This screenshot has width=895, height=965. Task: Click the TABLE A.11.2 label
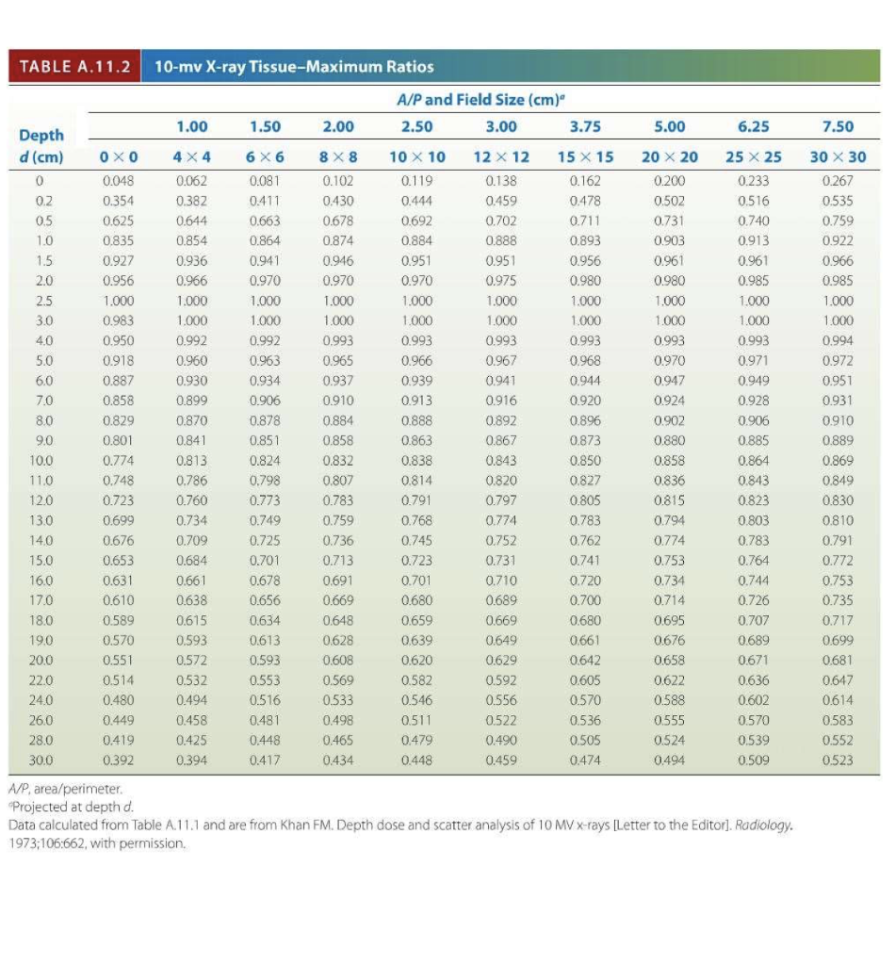pyautogui.click(x=73, y=67)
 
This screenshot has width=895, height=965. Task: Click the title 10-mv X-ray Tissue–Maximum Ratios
pyautogui.click(x=294, y=67)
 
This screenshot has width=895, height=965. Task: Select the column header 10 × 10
pyautogui.click(x=417, y=156)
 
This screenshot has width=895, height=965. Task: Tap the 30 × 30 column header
pyautogui.click(x=837, y=156)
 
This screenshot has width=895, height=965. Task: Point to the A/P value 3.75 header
pyautogui.click(x=587, y=126)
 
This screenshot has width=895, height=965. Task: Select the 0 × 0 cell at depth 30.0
pyautogui.click(x=120, y=761)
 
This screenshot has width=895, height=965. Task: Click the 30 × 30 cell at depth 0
pyautogui.click(x=837, y=181)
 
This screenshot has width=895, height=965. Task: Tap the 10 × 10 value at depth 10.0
pyautogui.click(x=417, y=461)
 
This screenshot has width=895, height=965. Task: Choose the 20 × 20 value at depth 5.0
pyautogui.click(x=670, y=361)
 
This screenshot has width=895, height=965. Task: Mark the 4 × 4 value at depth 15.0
pyautogui.click(x=193, y=561)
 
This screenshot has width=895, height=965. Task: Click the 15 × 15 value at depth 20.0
pyautogui.click(x=587, y=661)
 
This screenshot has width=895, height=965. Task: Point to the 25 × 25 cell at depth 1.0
pyautogui.click(x=753, y=240)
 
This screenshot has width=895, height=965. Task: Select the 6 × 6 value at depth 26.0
pyautogui.click(x=266, y=721)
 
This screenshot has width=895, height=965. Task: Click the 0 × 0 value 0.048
pyautogui.click(x=120, y=181)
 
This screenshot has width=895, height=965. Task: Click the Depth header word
pyautogui.click(x=41, y=136)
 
